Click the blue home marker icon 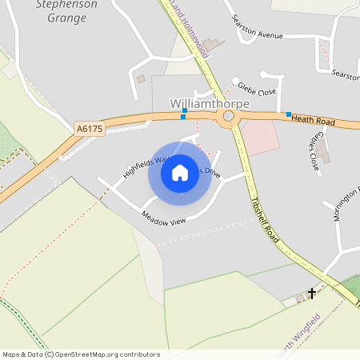[180, 173]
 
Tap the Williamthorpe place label [210, 104]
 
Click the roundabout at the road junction [230, 117]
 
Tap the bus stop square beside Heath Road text [288, 114]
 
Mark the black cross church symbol [311, 294]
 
